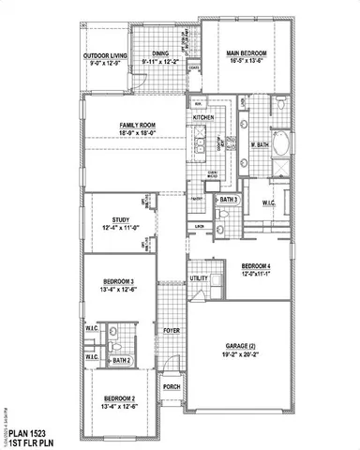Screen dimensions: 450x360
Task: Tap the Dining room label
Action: (162, 54)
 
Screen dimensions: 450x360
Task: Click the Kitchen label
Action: (204, 118)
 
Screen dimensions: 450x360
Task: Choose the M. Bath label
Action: (262, 145)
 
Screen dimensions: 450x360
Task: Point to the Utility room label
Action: (199, 278)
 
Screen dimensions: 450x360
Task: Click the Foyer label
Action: (171, 330)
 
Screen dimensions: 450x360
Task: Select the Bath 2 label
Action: (120, 360)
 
